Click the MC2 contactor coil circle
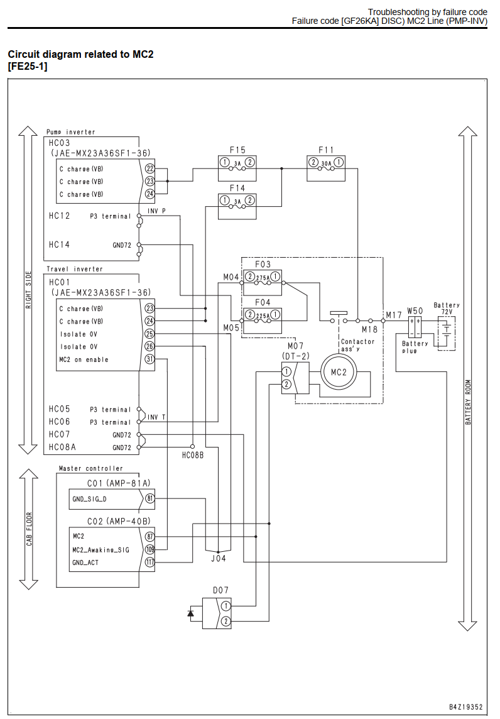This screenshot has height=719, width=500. click(x=339, y=372)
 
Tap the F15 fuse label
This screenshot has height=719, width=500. click(x=237, y=150)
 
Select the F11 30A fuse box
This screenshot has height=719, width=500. click(x=325, y=168)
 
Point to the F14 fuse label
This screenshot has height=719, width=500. click(x=237, y=188)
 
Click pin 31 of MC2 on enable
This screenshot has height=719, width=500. click(x=149, y=359)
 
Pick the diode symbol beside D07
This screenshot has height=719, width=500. click(x=191, y=613)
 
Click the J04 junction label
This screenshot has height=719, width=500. click(x=218, y=558)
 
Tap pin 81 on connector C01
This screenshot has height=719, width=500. click(x=150, y=498)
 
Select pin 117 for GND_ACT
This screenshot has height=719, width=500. click(x=150, y=562)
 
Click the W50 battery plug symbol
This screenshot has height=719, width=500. click(x=415, y=327)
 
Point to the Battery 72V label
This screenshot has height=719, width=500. click(x=447, y=308)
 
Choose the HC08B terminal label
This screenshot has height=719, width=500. click(x=192, y=455)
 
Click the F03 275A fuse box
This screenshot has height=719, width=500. click(x=262, y=282)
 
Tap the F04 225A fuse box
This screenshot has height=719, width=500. click(x=262, y=321)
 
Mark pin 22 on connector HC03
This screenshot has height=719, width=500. click(x=150, y=168)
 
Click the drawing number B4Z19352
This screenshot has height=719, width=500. click(x=465, y=707)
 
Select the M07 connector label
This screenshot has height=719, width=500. click(x=296, y=346)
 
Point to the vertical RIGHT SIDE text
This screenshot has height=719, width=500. click(x=28, y=290)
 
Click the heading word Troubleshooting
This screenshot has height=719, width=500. click(x=397, y=12)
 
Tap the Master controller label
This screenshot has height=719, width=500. click(x=90, y=468)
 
